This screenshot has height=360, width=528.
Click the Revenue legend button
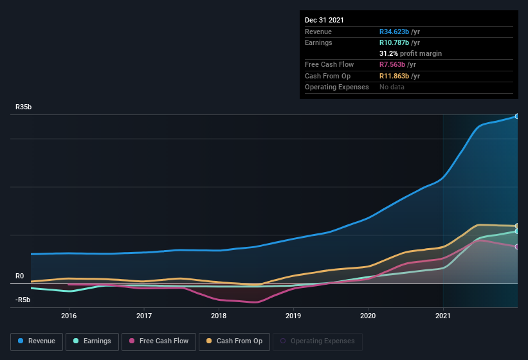click(37, 341)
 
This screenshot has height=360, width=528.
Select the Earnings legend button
click(93, 341)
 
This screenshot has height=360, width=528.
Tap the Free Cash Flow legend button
click(159, 341)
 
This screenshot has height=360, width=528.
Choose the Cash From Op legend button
click(234, 341)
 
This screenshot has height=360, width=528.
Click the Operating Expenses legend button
click(318, 341)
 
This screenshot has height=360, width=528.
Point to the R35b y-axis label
click(24, 107)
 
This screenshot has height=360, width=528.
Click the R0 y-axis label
click(20, 276)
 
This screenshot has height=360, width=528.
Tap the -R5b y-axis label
click(23, 300)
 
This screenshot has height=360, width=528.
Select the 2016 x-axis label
click(69, 316)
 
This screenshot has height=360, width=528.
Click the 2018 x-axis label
click(219, 316)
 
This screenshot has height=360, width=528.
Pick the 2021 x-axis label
click(443, 316)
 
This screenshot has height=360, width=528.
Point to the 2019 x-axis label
click(293, 316)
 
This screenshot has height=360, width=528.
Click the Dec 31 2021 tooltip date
click(324, 20)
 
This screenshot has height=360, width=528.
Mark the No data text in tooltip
click(392, 87)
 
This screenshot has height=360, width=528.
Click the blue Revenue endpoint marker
click(517, 116)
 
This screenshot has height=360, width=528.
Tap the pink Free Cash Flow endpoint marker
click(517, 247)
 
